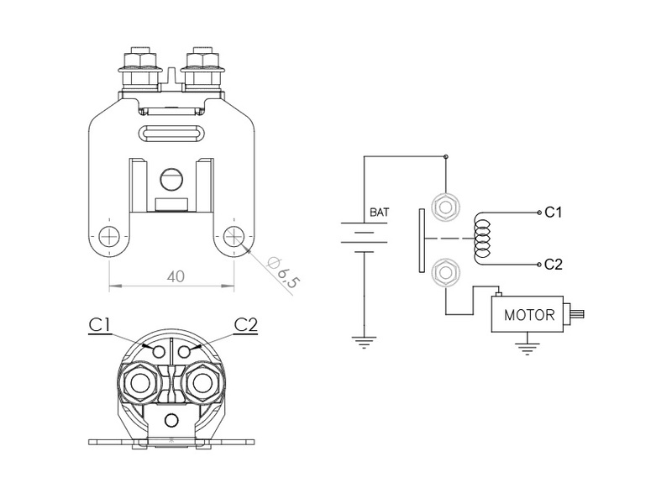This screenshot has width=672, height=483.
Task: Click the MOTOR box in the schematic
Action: click(x=528, y=316)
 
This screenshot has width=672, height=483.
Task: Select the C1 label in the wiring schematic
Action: click(x=554, y=213)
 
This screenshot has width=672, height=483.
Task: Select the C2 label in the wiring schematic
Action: click(x=554, y=265)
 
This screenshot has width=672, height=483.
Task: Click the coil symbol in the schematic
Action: click(x=482, y=239)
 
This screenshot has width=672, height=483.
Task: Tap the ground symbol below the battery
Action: click(x=364, y=342)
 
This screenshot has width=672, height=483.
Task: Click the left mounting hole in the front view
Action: click(x=108, y=235)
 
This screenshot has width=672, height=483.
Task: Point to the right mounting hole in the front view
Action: click(x=234, y=235)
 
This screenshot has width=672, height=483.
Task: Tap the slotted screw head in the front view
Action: click(x=171, y=179)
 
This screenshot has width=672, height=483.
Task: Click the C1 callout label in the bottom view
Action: click(x=102, y=325)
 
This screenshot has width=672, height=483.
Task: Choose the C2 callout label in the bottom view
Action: click(x=246, y=325)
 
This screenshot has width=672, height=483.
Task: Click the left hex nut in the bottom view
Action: click(x=139, y=384)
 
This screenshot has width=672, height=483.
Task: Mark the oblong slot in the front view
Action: click(x=171, y=132)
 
